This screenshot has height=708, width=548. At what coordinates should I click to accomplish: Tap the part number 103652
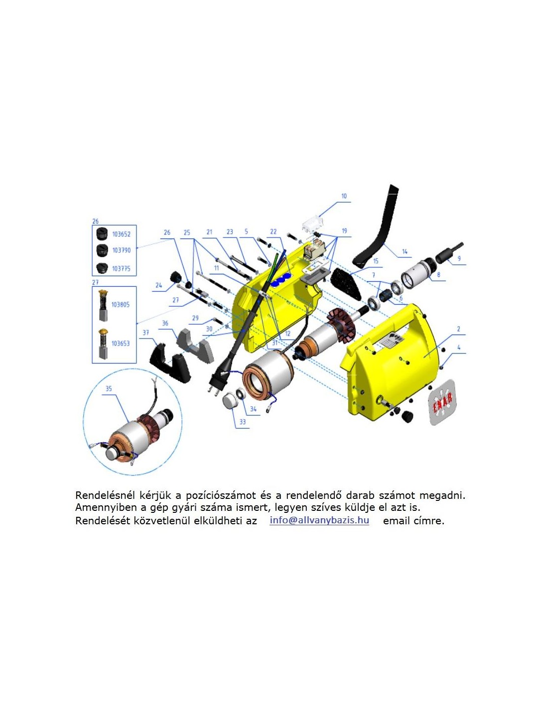pyautogui.click(x=121, y=235)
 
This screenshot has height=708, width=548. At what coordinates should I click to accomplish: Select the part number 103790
pyautogui.click(x=121, y=250)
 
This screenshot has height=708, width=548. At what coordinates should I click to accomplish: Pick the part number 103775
pyautogui.click(x=121, y=268)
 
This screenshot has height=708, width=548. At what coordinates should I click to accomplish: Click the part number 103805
pyautogui.click(x=120, y=304)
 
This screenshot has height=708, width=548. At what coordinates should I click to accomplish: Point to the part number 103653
pyautogui.click(x=120, y=343)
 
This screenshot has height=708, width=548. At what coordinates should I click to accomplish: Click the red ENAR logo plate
pyautogui.click(x=442, y=402)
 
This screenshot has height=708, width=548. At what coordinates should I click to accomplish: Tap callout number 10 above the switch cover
pyautogui.click(x=344, y=196)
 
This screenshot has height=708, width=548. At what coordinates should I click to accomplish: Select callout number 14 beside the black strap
pyautogui.click(x=405, y=251)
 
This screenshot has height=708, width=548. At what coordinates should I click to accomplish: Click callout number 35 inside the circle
pyautogui.click(x=109, y=389)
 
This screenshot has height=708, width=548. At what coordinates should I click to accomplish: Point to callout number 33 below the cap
pyautogui.click(x=243, y=422)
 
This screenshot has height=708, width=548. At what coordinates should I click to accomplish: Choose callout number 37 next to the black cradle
pyautogui.click(x=146, y=333)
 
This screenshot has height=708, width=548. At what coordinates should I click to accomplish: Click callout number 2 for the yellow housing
pyautogui.click(x=458, y=329)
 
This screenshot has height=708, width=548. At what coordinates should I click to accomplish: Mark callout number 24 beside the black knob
pyautogui.click(x=158, y=285)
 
